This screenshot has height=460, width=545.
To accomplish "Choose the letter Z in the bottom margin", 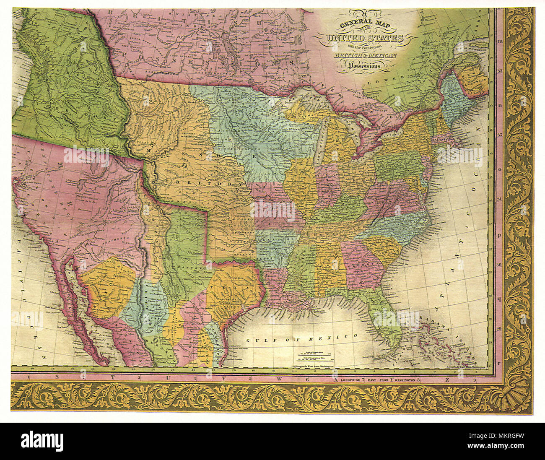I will coord(447,379).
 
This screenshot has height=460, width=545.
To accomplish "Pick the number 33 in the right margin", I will coord(499,71).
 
